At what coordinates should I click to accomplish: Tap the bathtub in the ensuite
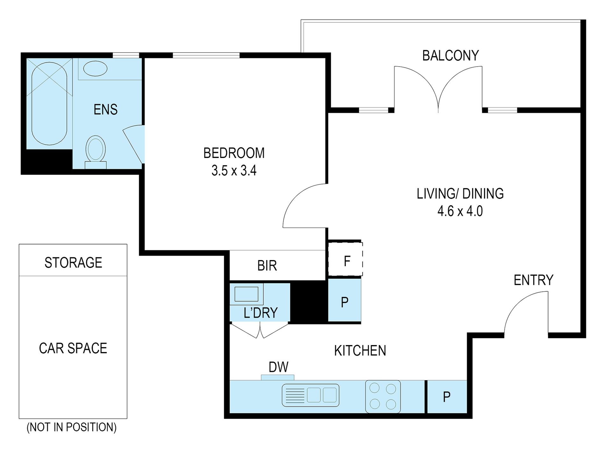[x=49, y=104]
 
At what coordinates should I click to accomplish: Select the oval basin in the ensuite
[x=95, y=68]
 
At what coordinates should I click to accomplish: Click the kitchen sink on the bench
[x=310, y=395]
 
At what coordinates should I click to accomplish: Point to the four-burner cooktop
[x=383, y=397]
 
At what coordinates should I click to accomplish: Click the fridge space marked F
[x=345, y=259]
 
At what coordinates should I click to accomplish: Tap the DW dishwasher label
[x=279, y=367]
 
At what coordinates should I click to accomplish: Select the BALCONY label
[x=451, y=56]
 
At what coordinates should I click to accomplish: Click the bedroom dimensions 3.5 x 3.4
[x=234, y=171]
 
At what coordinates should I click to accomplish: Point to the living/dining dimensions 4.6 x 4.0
[x=460, y=211]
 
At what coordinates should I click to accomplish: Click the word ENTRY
[x=534, y=280]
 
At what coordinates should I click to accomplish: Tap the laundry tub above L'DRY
[x=246, y=294]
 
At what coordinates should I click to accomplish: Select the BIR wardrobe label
[x=267, y=266]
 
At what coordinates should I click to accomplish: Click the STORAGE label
[x=73, y=263]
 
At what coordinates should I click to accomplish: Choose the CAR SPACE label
[x=73, y=348]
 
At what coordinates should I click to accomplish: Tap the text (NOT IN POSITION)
[x=72, y=427]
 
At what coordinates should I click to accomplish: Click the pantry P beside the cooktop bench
[x=447, y=397]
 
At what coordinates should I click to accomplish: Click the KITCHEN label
[x=360, y=351]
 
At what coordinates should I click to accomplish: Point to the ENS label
[x=105, y=110]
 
